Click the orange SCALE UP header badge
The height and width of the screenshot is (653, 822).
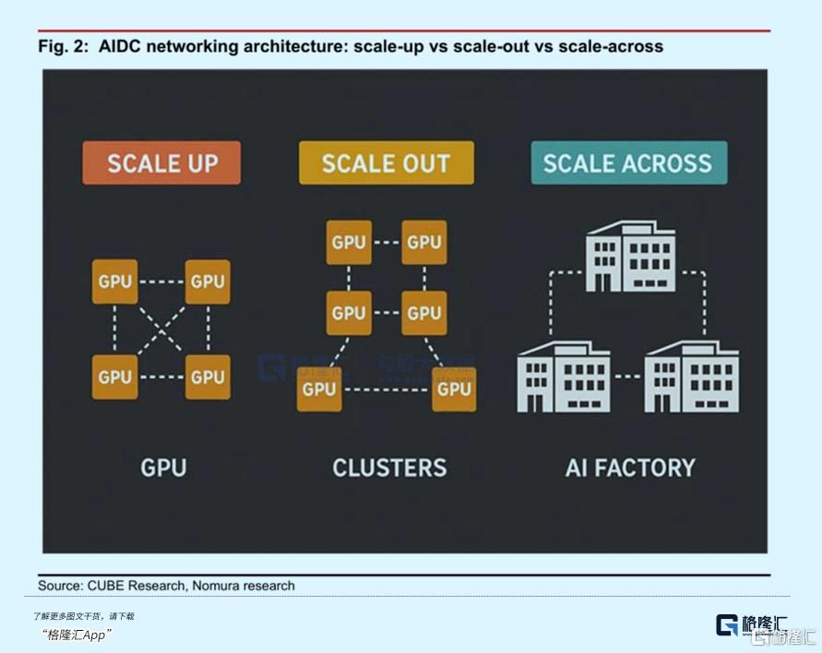pyautogui.click(x=161, y=163)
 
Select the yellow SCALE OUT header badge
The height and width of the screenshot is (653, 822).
pyautogui.click(x=386, y=163)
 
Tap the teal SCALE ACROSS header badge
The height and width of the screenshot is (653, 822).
pyautogui.click(x=627, y=163)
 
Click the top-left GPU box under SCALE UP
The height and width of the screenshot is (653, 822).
pyautogui.click(x=115, y=281)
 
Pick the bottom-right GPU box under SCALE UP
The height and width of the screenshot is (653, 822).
pyautogui.click(x=208, y=376)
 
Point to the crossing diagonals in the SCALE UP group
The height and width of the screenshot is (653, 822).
pyautogui.click(x=161, y=329)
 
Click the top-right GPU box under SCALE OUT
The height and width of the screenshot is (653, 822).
pyautogui.click(x=424, y=243)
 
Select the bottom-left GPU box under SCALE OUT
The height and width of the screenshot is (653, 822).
pyautogui.click(x=319, y=388)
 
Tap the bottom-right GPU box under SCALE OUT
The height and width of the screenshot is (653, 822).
pyautogui.click(x=454, y=388)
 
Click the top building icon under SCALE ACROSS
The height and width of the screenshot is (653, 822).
pyautogui.click(x=630, y=255)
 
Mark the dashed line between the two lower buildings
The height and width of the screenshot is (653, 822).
pyautogui.click(x=627, y=377)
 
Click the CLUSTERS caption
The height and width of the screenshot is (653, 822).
pyautogui.click(x=389, y=468)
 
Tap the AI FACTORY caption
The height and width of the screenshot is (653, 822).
pyautogui.click(x=630, y=468)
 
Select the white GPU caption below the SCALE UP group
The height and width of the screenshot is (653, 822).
pyautogui.click(x=163, y=468)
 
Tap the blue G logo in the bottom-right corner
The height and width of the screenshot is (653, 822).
pyautogui.click(x=727, y=625)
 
